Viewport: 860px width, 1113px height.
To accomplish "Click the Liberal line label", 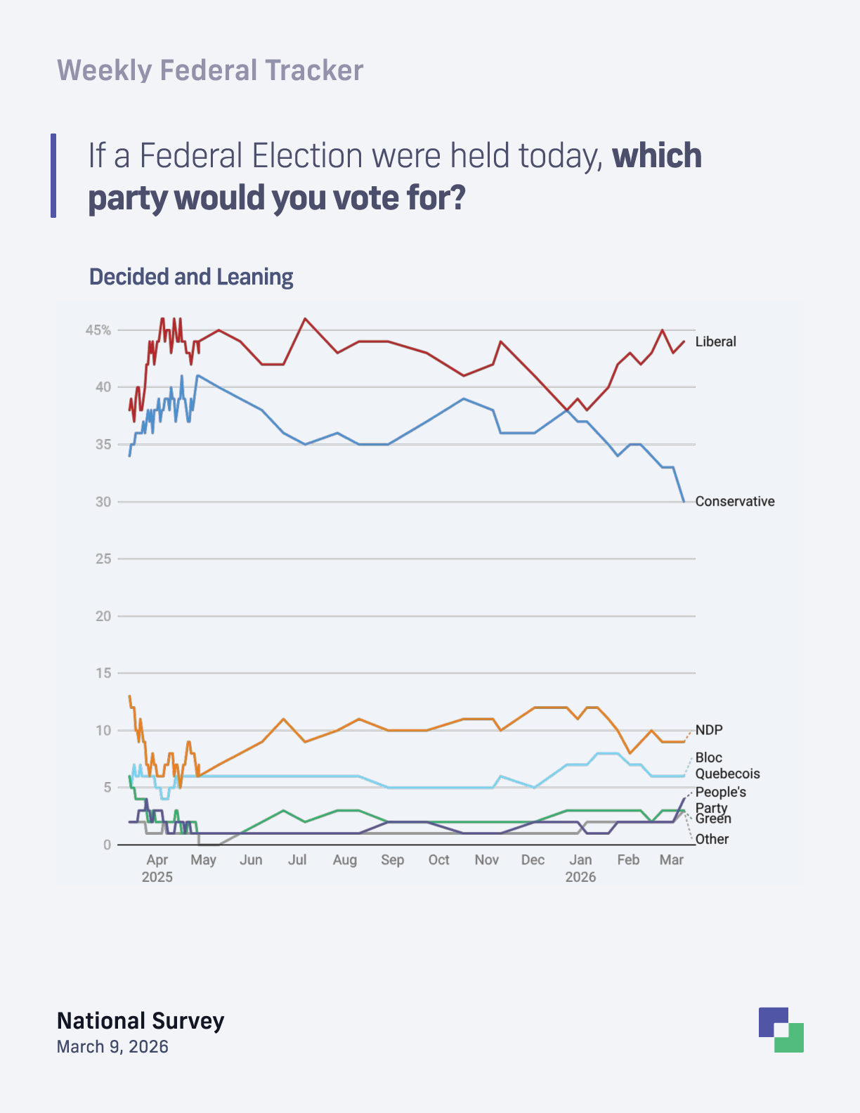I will pos(715,341).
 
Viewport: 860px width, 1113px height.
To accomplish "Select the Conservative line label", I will pos(734,501).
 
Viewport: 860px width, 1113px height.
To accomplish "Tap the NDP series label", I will pos(708,729).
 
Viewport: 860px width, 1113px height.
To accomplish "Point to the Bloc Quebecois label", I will pos(727,765).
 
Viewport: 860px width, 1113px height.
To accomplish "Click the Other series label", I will pos(712,839).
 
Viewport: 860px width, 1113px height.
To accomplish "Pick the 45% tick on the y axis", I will pos(98,330).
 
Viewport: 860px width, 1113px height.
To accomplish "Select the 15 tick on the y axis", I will pos(103,672).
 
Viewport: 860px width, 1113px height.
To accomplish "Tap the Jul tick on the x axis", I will pos(297,859).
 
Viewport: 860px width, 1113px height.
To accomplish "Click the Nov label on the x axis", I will pos(486,859).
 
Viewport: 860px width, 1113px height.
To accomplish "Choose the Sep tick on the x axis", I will pos(392,859).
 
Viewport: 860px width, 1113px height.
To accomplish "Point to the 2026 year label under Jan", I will pos(580,877).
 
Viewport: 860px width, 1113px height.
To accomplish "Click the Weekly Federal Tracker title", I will pos(210,70).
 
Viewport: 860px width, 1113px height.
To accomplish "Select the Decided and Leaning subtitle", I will pos(191,277).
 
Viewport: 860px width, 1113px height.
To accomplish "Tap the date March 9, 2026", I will pos(112,1046).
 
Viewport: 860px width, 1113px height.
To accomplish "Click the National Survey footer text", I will pos(141,1020).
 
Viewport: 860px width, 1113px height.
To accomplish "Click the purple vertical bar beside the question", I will pos(53,176).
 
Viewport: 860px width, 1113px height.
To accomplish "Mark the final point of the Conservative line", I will pos(684,501).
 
